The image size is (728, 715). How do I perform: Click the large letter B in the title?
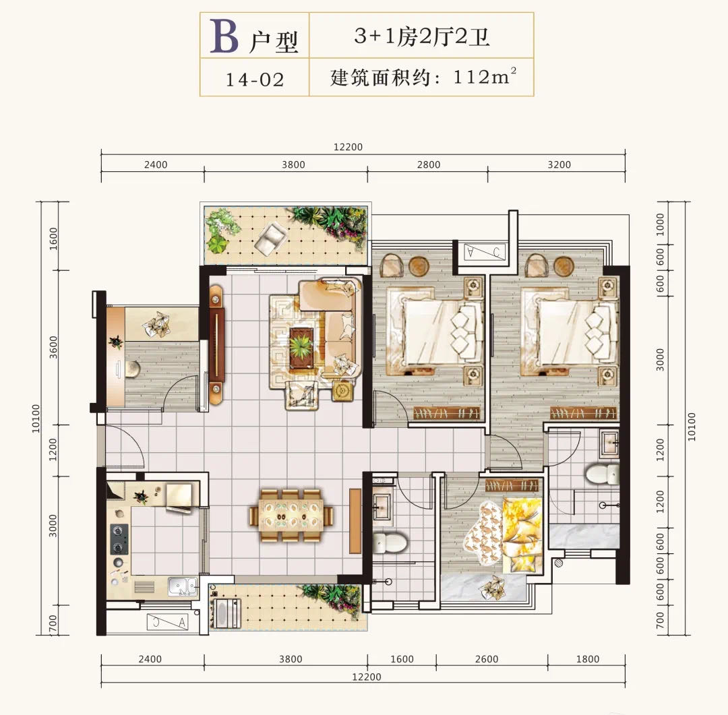224,36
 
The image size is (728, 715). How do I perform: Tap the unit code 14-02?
255,80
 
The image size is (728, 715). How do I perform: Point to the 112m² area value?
484,77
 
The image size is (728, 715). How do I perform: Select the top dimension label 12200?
348,147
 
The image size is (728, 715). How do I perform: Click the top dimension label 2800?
429,164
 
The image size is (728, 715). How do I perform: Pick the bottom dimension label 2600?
487,659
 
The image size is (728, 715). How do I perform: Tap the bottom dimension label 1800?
588,659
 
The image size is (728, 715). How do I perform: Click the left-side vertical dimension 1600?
53,239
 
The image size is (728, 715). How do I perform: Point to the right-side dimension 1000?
660,224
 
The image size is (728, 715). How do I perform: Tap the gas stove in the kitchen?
119,539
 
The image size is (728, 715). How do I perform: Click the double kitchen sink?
183,586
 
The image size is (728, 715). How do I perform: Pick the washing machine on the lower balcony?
226,613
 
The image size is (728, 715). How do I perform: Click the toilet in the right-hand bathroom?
602,474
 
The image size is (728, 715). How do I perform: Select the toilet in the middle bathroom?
390,542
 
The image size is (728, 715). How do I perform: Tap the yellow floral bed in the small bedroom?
504,534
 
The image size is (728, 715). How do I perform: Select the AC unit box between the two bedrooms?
484,252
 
